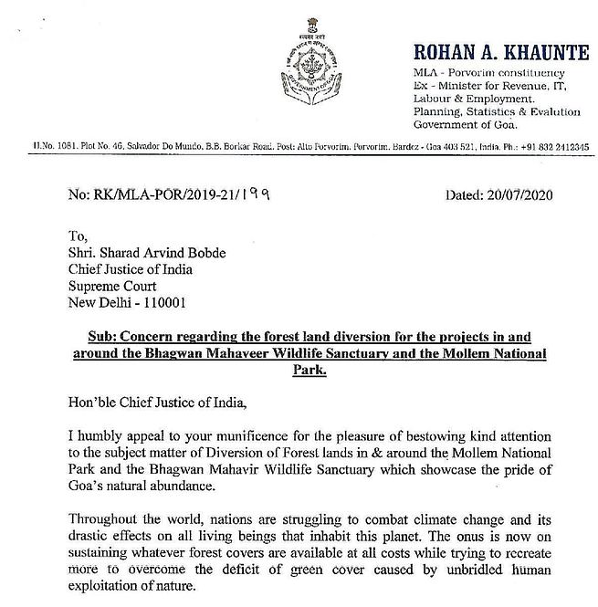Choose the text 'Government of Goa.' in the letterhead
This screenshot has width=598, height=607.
pyautogui.click(x=465, y=124)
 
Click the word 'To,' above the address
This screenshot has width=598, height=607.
pyautogui.click(x=79, y=235)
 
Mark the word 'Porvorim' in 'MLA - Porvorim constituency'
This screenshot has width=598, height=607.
pyautogui.click(x=475, y=73)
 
